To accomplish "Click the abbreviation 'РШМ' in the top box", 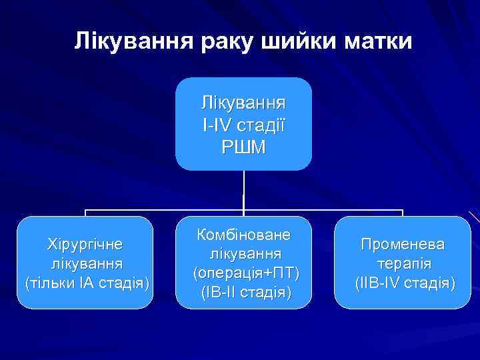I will (x=243, y=147).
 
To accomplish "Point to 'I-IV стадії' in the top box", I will (x=243, y=125).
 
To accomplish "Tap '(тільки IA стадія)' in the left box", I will (x=85, y=283).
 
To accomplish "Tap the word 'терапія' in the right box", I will (x=403, y=263).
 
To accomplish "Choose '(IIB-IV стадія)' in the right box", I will (x=403, y=283).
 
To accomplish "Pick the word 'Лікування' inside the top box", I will (x=243, y=103).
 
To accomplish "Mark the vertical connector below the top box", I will (x=243, y=190).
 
